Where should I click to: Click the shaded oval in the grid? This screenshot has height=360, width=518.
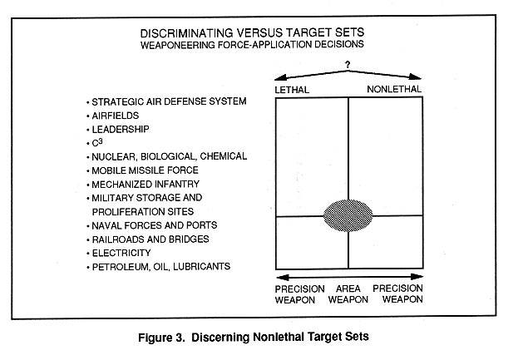coord(348,215)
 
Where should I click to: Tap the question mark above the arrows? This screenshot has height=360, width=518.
coord(348,65)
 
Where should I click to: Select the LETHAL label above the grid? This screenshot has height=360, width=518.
coord(292,90)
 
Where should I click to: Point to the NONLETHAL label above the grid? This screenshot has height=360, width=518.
coord(394,89)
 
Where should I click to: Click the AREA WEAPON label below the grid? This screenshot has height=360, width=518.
coord(348,294)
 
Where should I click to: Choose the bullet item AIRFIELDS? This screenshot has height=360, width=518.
coord(116,116)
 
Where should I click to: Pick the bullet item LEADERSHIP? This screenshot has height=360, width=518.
coord(121,129)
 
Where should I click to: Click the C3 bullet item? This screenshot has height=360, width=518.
coord(97,142)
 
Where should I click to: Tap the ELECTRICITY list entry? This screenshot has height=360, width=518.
coord(121,253)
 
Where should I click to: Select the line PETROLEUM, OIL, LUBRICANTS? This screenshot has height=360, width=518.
coord(161,267)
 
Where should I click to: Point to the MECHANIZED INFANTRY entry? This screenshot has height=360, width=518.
coord(146,184)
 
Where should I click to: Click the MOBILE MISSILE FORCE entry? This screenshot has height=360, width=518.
coord(145,170)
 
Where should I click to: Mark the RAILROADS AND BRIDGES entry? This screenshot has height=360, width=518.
coord(150,239)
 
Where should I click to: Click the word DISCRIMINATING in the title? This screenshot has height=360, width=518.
coord(186,33)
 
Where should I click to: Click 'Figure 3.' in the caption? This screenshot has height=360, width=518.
coord(160,338)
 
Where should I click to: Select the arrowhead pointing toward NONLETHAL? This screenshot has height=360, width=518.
coord(415,77)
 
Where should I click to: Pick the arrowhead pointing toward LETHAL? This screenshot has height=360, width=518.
coord(281,77)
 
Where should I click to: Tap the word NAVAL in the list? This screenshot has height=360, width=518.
coord(105,225)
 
